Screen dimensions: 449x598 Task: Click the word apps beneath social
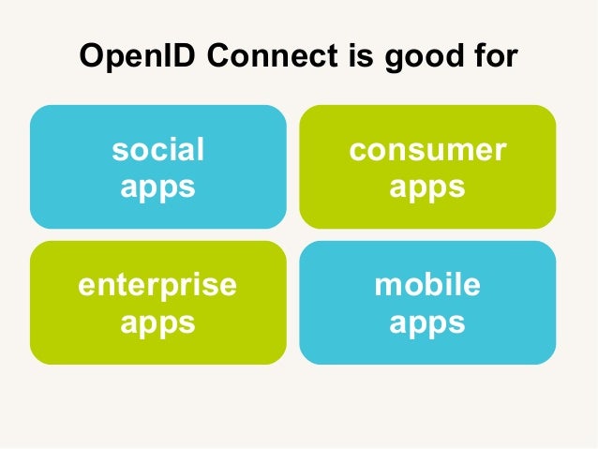[157, 187]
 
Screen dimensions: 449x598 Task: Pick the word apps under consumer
[427, 187]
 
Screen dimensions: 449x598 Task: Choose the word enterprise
[157, 284]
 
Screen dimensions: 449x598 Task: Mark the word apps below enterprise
[157, 323]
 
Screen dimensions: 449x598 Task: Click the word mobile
[427, 284]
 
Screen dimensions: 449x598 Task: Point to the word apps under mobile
[427, 323]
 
